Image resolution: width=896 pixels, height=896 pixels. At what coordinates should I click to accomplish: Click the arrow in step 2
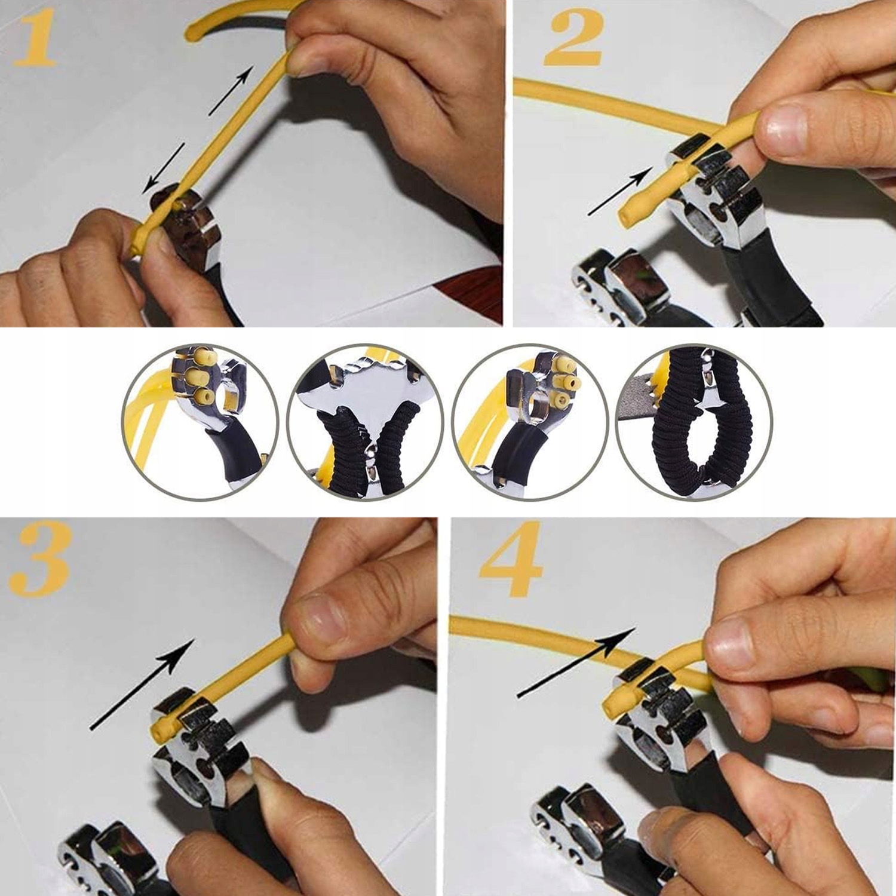[619, 191]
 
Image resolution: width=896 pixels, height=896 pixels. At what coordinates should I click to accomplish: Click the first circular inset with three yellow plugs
[201, 422]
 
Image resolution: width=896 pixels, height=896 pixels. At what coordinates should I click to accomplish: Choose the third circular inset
[530, 422]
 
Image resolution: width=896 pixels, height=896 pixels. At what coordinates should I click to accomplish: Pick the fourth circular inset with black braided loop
[694, 422]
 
